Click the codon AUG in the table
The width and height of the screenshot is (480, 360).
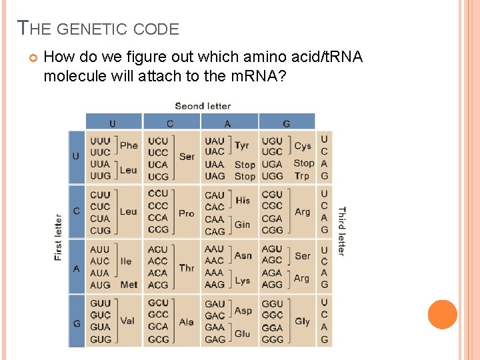pos(100,285)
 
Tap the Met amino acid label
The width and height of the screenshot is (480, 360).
pos(129,285)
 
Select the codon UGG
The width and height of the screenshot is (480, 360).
pos(272,176)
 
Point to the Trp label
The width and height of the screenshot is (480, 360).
pos(302,176)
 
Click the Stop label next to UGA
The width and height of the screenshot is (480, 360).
pos(303,163)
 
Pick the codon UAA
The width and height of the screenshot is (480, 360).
pos(214,164)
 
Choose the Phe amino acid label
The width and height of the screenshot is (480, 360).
pos(129,145)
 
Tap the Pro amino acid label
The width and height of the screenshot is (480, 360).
pos(187,213)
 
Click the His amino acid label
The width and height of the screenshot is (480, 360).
pos(243,200)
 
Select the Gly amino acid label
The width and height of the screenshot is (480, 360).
pos(302,321)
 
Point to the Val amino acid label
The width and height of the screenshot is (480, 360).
pos(127,321)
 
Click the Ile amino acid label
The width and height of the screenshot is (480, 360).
pos(126,261)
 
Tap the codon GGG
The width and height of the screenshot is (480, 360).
pos(272,339)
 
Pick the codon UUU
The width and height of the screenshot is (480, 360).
pos(100,141)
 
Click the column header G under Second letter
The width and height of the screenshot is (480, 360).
pos(286,123)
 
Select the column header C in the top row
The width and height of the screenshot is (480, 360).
pos(170,123)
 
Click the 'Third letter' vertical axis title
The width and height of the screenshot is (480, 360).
pos(341,231)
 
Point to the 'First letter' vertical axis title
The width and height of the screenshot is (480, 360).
pos(58,237)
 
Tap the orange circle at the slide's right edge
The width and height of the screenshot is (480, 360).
pos(442,315)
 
